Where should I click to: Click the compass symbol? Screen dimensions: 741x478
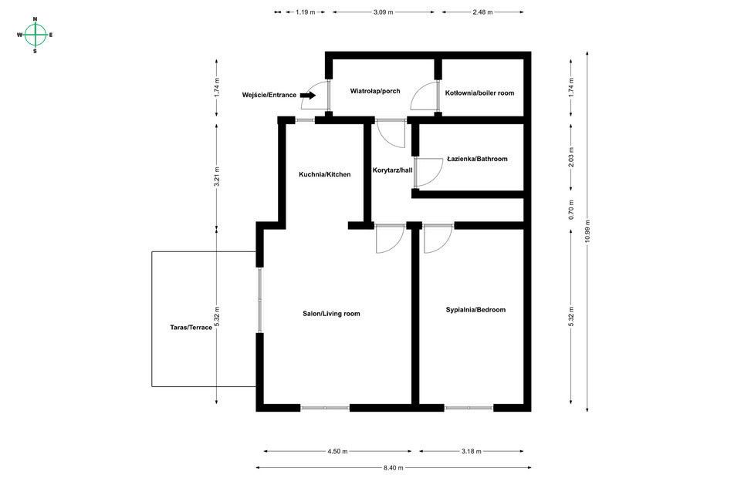click(35, 35)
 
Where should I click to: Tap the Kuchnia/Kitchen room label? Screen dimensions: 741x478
click(325, 174)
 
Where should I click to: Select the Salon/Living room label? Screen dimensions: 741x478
click(331, 314)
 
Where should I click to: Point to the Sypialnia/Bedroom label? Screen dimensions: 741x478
click(475, 310)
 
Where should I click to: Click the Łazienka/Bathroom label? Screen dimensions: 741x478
click(477, 159)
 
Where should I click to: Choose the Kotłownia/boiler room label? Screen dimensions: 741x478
click(479, 93)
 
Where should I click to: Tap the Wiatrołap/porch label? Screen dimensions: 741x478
click(375, 91)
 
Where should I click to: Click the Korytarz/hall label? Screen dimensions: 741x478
click(392, 170)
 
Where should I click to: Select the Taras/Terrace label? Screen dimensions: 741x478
click(191, 328)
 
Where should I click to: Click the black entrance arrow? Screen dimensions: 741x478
click(308, 96)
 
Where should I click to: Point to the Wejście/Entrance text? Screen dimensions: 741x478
click(269, 96)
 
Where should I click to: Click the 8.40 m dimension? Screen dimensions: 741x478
click(393, 468)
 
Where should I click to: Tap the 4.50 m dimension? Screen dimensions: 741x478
click(337, 451)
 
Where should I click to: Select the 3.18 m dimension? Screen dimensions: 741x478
click(471, 451)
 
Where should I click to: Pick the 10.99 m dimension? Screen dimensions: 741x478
click(587, 231)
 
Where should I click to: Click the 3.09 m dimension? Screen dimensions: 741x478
click(383, 12)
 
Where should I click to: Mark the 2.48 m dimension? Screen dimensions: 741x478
click(482, 12)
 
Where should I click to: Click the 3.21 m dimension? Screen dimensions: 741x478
click(216, 177)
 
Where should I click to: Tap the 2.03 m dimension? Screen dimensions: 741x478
click(571, 157)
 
